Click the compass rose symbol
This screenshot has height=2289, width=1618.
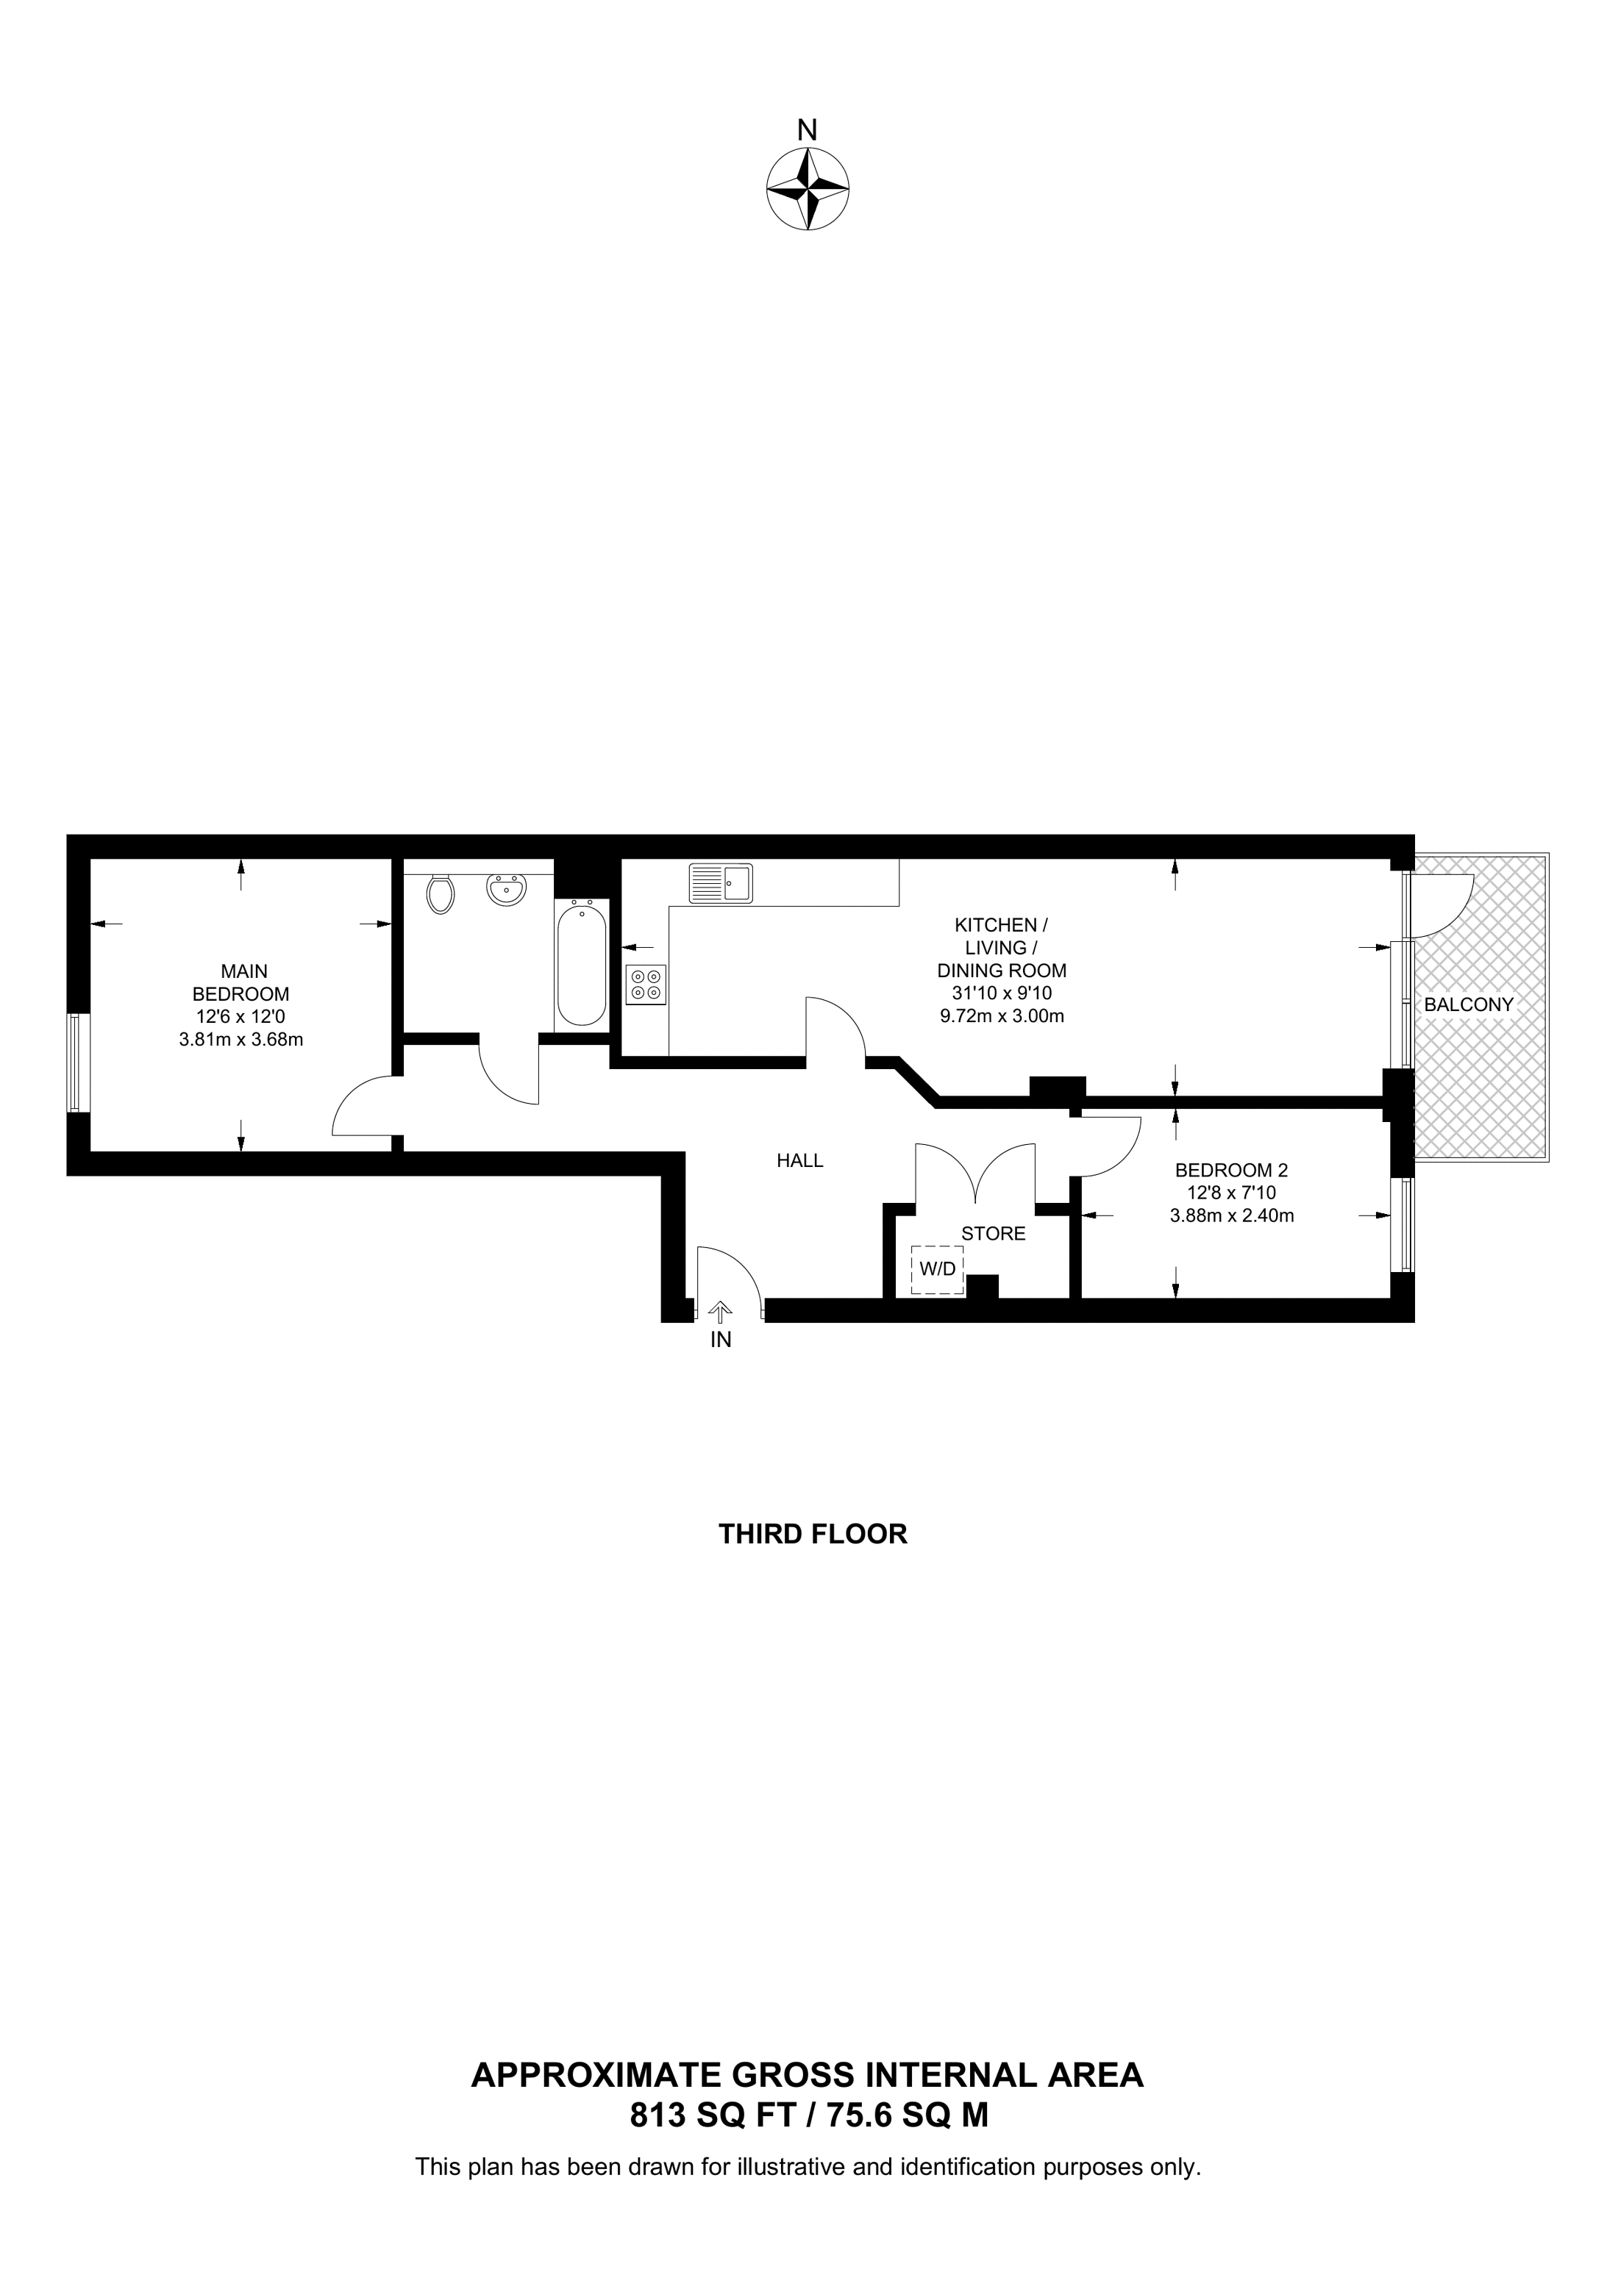(808, 190)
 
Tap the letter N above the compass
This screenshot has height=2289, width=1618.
(808, 129)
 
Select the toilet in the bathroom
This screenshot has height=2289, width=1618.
(440, 893)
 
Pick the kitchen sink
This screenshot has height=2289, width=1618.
(721, 883)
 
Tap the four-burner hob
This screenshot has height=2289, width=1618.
(646, 985)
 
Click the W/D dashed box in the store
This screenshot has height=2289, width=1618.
(937, 1269)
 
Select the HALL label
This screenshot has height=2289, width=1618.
(799, 1160)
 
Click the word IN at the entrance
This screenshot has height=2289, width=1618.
(721, 1340)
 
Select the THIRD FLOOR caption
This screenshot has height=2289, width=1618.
(813, 1533)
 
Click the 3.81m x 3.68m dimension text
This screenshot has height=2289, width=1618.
(240, 1039)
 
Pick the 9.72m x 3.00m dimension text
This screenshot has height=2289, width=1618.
(1002, 1016)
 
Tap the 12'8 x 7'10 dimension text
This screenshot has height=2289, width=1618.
(1231, 1193)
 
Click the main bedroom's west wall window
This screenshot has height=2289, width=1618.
(79, 1063)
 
